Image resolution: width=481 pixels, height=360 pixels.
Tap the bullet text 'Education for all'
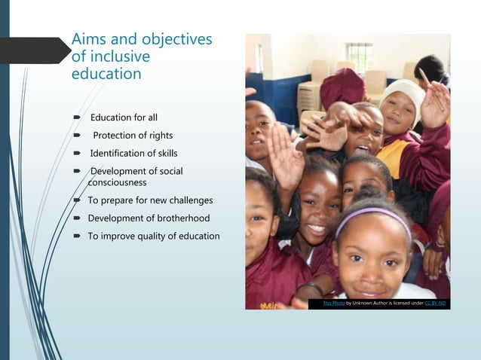(x=124, y=117)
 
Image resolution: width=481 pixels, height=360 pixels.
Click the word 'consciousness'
(x=117, y=182)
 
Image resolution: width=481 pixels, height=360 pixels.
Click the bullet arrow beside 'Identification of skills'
(x=77, y=154)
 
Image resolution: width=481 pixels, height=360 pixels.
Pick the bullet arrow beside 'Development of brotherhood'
(x=77, y=218)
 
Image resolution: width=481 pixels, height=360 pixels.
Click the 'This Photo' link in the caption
(x=333, y=303)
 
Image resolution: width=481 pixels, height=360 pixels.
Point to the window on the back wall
(x=360, y=56)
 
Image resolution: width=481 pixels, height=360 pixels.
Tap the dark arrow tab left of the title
(x=34, y=50)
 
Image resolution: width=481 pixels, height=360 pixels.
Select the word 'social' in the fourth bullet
(x=170, y=172)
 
